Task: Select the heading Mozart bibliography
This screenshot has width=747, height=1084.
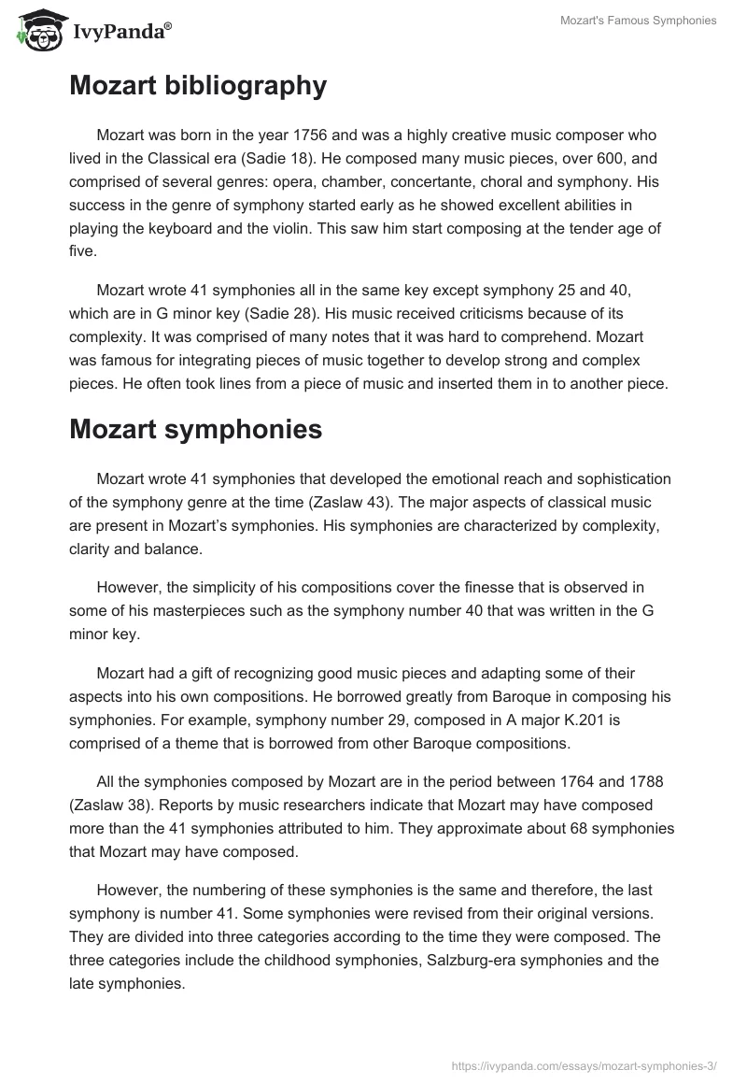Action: pyautogui.click(x=198, y=86)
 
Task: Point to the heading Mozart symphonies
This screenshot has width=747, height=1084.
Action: pyautogui.click(x=196, y=429)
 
